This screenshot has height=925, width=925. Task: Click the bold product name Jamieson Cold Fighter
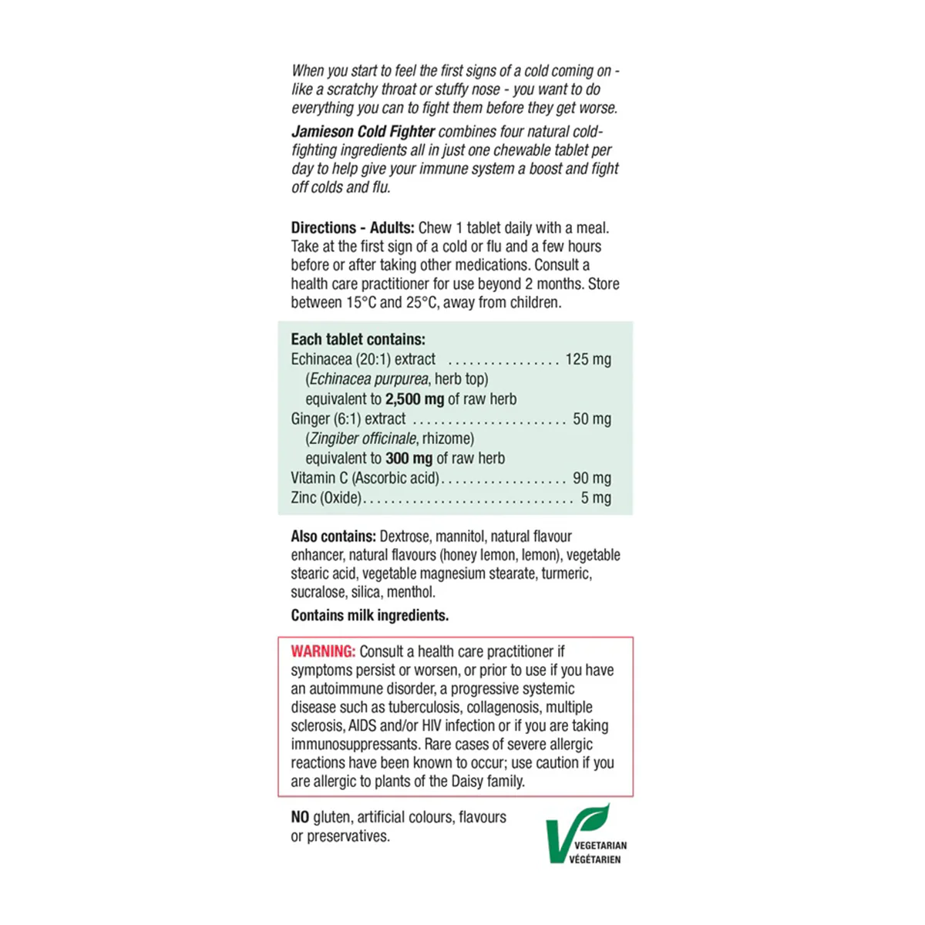coord(363,132)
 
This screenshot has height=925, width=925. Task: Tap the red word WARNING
coord(323,651)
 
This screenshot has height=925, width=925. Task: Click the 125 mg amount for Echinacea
coord(588,359)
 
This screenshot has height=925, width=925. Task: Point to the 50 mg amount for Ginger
coord(592,419)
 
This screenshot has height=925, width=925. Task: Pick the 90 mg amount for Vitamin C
coord(592,478)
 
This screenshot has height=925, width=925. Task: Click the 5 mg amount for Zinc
coord(596,498)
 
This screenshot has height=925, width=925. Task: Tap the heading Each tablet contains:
coord(358,339)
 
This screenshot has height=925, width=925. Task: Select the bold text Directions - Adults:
coord(352,228)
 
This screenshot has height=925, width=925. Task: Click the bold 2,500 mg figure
coord(415,399)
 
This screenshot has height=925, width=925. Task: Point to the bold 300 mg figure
coord(409,459)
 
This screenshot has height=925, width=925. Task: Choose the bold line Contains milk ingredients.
coord(369,615)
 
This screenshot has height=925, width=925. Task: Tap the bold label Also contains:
coord(333,536)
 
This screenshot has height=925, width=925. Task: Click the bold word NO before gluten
coord(300,817)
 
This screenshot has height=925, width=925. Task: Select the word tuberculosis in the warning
coord(425,708)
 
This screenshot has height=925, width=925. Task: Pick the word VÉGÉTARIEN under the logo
coord(595,859)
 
